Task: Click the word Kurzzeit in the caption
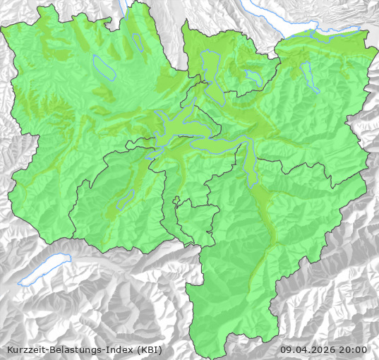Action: [25, 349]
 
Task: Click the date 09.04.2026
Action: [307, 349]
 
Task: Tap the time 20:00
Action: [354, 349]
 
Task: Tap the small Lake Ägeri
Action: [253, 76]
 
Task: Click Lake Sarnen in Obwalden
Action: [126, 199]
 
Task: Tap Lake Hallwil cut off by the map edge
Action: [125, 7]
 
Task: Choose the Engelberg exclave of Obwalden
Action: [195, 219]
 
